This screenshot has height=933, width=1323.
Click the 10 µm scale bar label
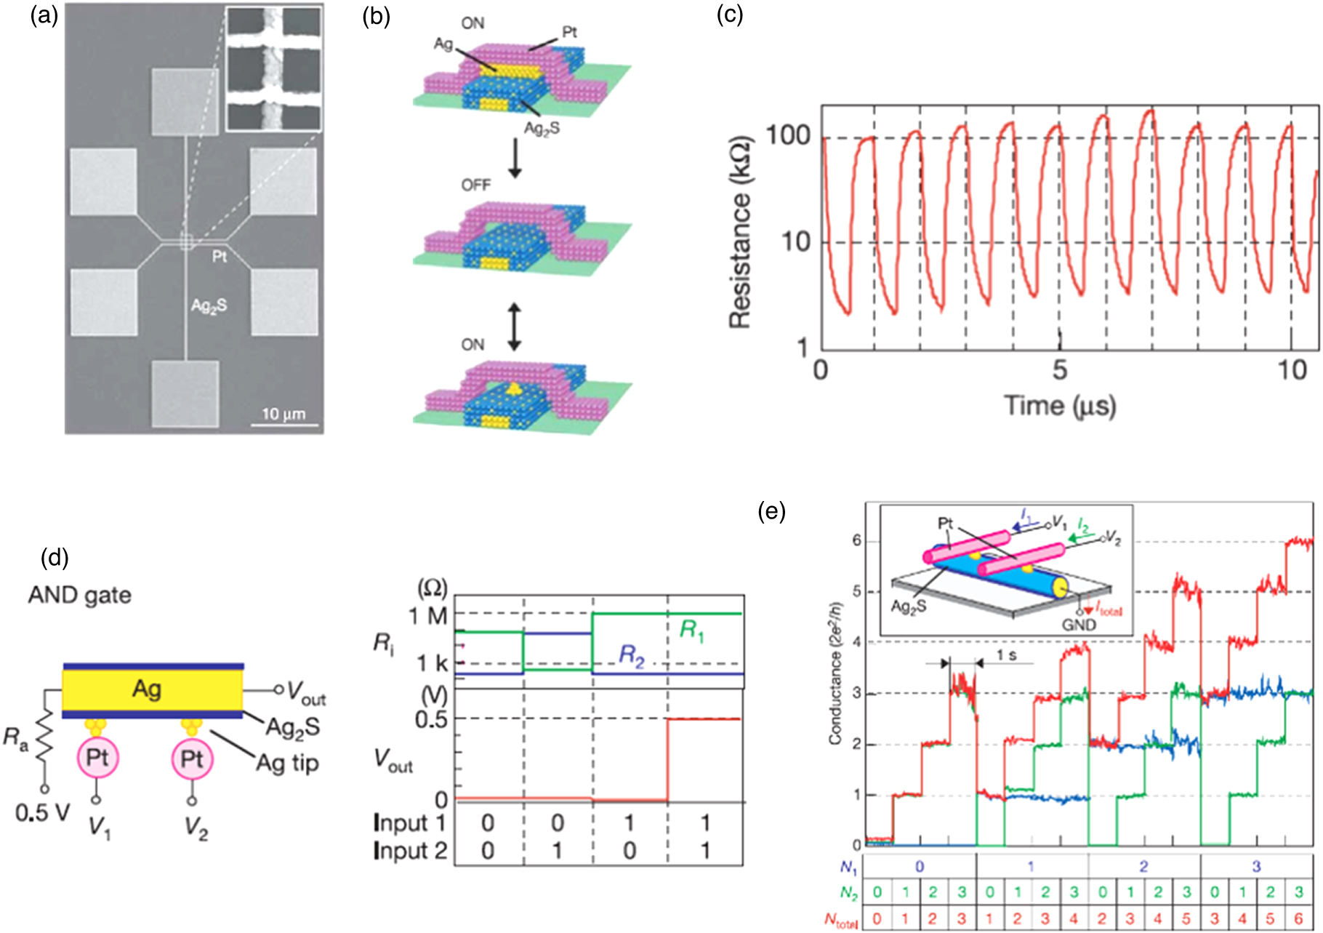pyautogui.click(x=283, y=414)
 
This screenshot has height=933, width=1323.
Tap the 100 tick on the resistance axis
pyautogui.click(x=788, y=136)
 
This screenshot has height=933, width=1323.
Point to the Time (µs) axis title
pyautogui.click(x=1059, y=406)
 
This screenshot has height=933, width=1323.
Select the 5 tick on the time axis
pyautogui.click(x=1059, y=370)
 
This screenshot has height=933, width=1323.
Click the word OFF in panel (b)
pyautogui.click(x=475, y=185)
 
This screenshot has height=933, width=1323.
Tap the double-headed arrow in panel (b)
pyautogui.click(x=514, y=327)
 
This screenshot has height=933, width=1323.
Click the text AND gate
pyautogui.click(x=80, y=596)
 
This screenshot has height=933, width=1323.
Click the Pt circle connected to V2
pyautogui.click(x=191, y=759)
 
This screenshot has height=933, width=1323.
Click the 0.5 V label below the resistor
pyautogui.click(x=42, y=812)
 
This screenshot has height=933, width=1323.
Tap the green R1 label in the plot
pyautogui.click(x=691, y=630)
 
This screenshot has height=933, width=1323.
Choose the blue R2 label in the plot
pyautogui.click(x=631, y=656)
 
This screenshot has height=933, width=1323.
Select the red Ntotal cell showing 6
pyautogui.click(x=1298, y=919)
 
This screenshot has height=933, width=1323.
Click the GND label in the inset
pyautogui.click(x=1079, y=625)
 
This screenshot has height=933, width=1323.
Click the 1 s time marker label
pyautogui.click(x=1006, y=656)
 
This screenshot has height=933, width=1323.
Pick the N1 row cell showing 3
pyautogui.click(x=1256, y=866)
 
